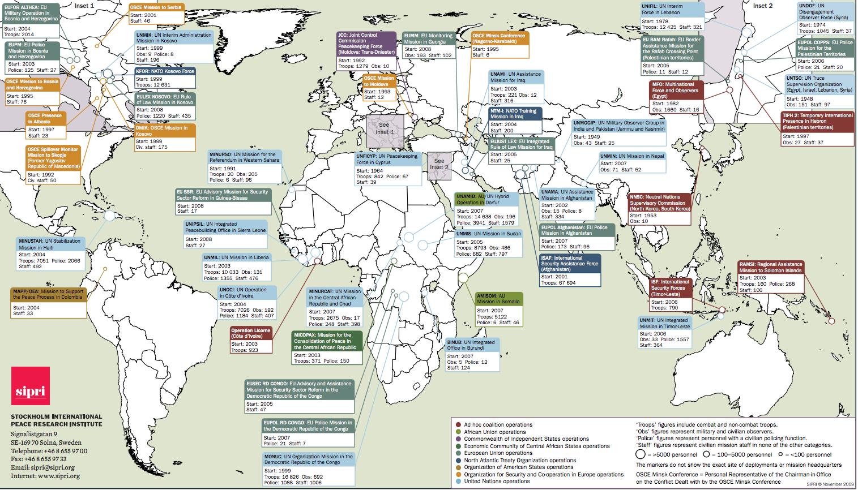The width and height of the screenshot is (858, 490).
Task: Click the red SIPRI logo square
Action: click(31, 386)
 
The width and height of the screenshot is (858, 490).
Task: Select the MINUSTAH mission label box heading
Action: click(50, 244)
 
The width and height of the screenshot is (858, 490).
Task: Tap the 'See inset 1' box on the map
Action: click(385, 129)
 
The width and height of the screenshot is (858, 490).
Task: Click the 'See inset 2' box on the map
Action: click(439, 165)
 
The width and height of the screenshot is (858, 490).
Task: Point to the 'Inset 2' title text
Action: click(762, 6)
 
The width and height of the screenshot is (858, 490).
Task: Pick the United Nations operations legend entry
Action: click(497, 482)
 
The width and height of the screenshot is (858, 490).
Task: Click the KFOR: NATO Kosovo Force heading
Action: click(165, 71)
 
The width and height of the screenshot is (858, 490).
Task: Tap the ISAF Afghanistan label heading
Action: click(570, 264)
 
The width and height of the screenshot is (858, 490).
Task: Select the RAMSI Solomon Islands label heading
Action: click(771, 267)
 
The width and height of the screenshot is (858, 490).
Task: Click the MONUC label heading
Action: click(309, 459)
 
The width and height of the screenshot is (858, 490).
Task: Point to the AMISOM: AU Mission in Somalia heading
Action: click(498, 299)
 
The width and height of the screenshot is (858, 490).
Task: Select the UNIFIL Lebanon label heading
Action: click(672, 10)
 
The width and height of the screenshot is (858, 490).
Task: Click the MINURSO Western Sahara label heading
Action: click(244, 157)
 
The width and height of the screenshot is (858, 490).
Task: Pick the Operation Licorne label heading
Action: click(251, 333)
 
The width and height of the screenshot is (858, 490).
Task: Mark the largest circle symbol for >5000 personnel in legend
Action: click(641, 454)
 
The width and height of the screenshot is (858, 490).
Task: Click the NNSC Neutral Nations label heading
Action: click(660, 203)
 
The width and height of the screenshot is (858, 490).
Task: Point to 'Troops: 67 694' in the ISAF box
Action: click(558, 283)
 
